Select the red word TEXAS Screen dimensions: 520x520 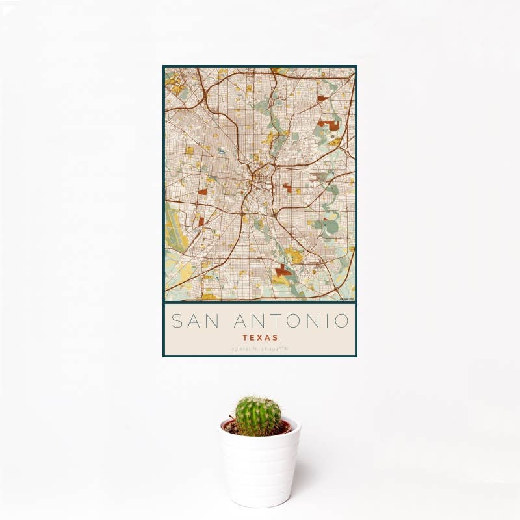coord(260,338)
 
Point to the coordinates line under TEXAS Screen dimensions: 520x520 coord(260,349)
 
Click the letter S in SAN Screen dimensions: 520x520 coord(176,320)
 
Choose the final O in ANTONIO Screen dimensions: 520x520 coord(342,320)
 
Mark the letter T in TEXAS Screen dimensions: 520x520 coord(244,338)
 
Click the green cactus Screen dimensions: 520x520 coord(258,416)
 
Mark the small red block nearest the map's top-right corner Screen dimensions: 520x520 coord(322,98)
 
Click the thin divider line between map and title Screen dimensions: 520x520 coord(260,304)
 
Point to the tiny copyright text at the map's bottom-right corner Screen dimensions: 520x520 coord(346,299)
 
